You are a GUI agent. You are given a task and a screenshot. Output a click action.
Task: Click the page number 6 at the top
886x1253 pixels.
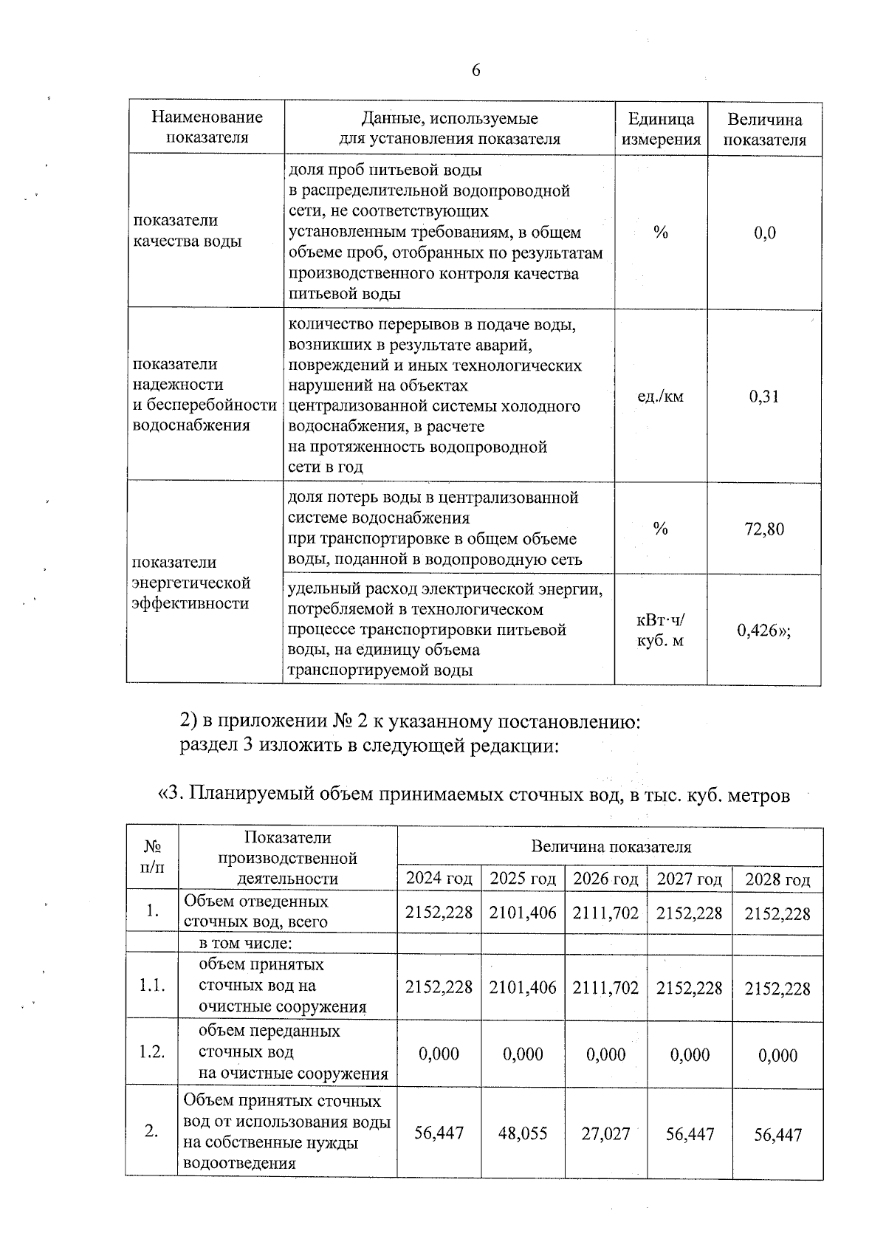tap(475, 70)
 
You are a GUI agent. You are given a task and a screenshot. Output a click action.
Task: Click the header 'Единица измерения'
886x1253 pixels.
tap(661, 129)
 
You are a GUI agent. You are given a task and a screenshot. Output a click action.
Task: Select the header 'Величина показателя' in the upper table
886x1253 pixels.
tap(764, 129)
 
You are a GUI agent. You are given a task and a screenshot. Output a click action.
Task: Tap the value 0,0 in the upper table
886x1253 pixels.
tap(764, 233)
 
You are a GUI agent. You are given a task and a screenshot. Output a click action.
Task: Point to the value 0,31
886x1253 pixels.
tap(764, 397)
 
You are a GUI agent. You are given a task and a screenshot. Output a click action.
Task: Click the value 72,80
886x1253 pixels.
tap(764, 529)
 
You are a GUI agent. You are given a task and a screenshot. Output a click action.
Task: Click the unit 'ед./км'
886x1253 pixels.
tap(661, 397)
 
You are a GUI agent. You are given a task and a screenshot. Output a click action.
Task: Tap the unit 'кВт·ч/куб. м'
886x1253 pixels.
tap(661, 631)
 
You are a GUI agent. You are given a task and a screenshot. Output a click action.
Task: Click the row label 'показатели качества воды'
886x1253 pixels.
tap(188, 231)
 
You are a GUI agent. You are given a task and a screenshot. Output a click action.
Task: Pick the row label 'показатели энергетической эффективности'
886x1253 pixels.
tap(191, 583)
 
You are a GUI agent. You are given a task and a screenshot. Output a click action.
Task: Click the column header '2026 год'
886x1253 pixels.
tap(606, 879)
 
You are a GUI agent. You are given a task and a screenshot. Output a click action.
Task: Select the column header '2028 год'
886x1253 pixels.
tap(777, 879)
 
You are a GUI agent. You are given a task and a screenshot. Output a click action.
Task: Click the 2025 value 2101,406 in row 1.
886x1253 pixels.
tap(523, 913)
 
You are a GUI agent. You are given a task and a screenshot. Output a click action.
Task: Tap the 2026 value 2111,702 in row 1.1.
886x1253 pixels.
tap(606, 988)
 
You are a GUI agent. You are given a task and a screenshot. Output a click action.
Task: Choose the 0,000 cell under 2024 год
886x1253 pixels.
tap(439, 1054)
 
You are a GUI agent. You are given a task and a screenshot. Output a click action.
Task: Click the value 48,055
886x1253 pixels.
tap(523, 1133)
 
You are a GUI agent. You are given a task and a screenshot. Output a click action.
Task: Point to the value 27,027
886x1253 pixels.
tap(606, 1133)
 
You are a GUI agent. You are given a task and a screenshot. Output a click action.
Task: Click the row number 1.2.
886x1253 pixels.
tap(151, 1052)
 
